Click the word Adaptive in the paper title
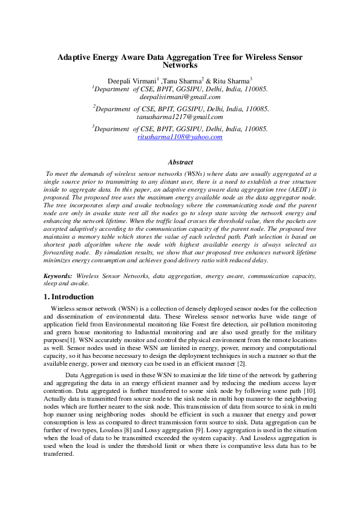[x=74, y=56]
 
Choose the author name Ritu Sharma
[x=231, y=80]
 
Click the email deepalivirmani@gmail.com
[x=180, y=97]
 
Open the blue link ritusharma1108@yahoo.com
[x=180, y=137]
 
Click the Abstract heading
[x=180, y=162]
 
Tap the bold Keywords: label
[x=59, y=276]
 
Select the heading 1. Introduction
[x=69, y=297]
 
